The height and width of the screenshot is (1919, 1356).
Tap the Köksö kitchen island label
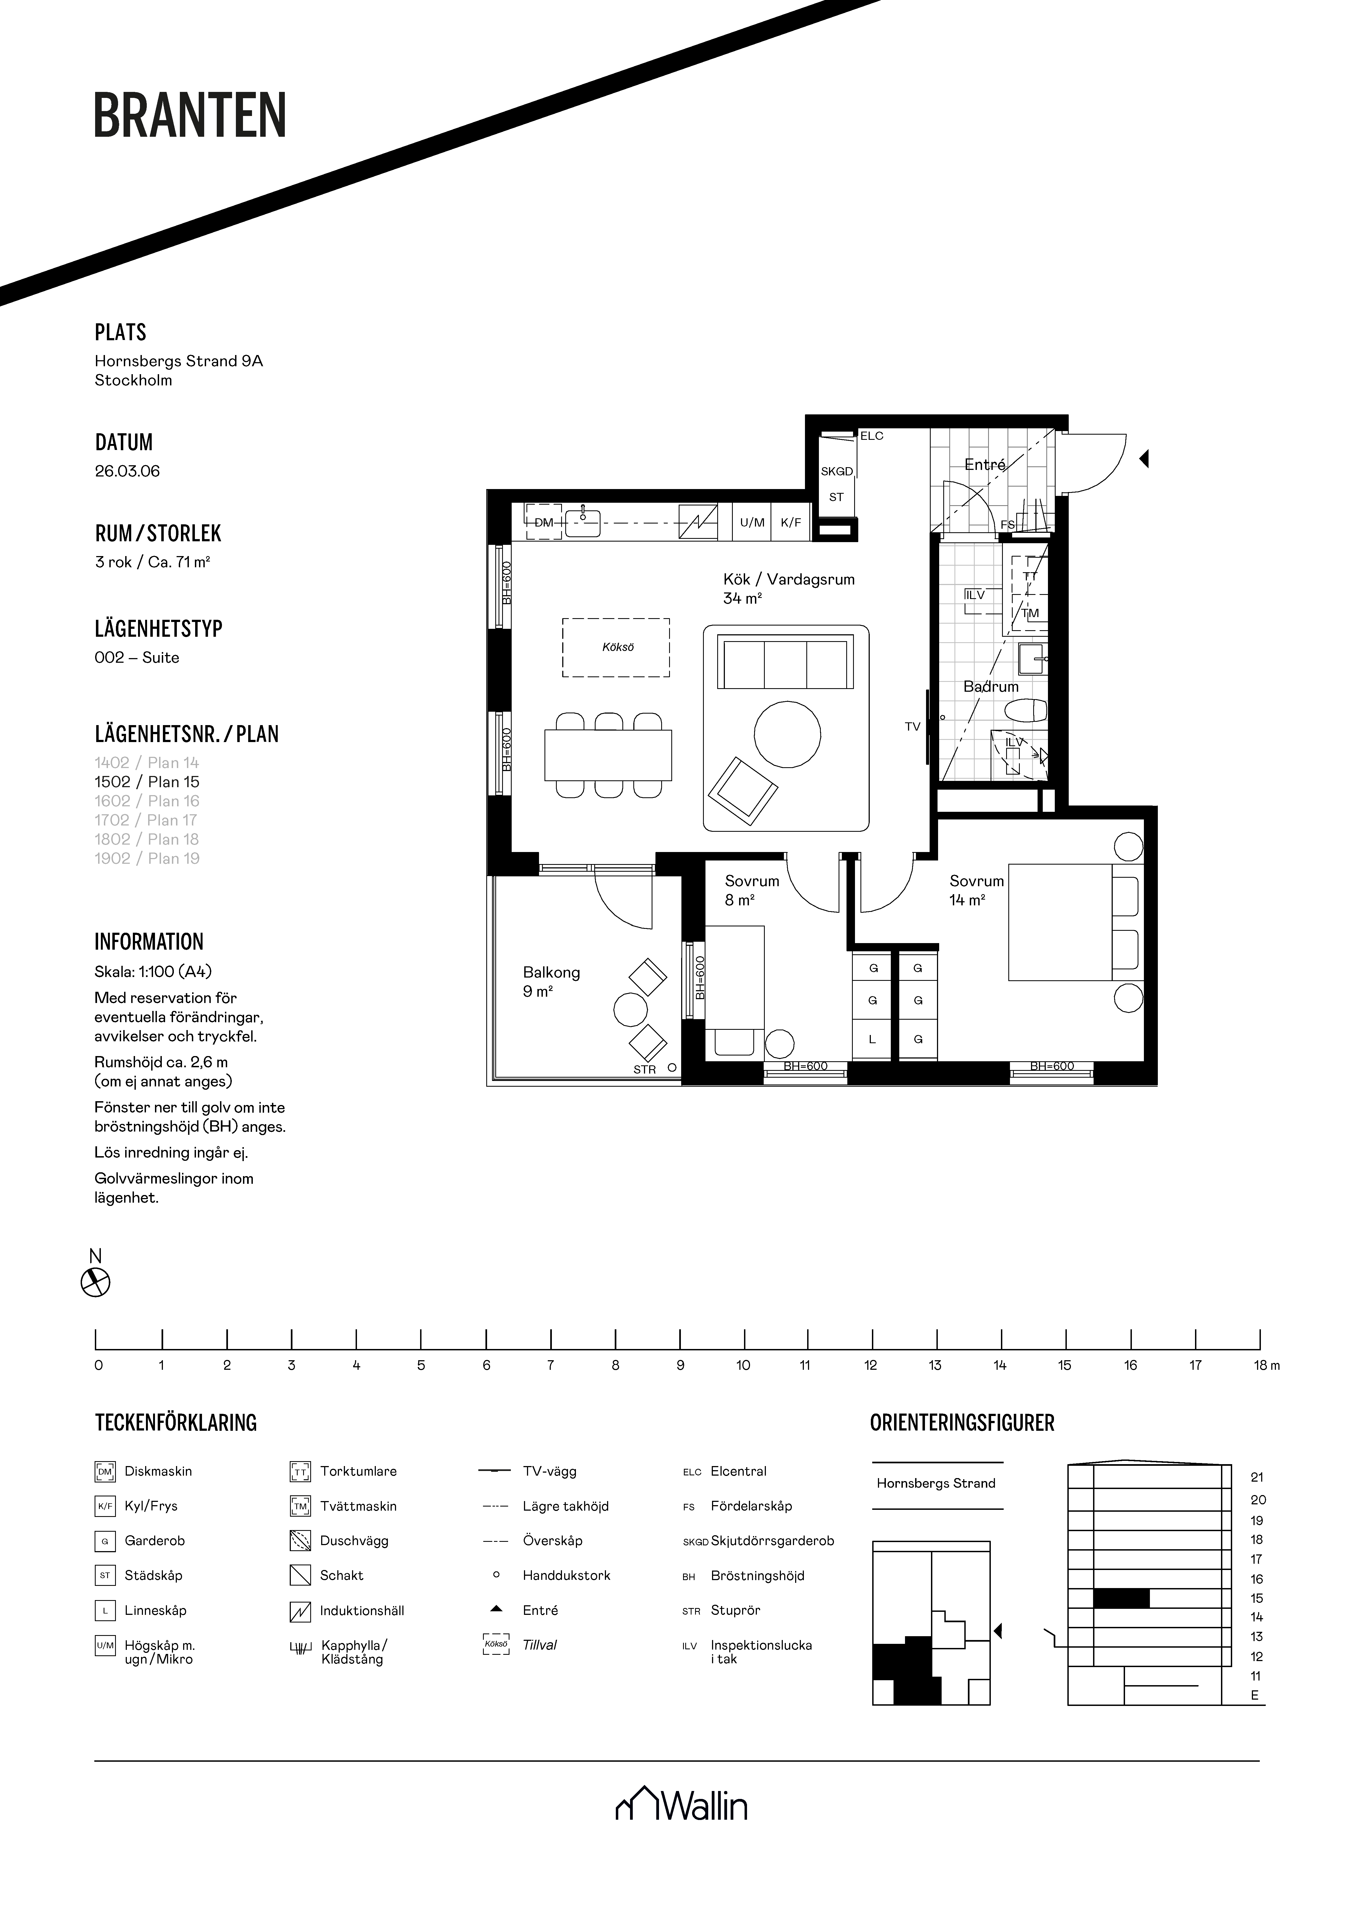(617, 647)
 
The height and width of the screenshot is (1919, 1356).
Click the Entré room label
(985, 465)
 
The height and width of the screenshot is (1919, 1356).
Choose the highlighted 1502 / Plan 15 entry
(147, 782)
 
